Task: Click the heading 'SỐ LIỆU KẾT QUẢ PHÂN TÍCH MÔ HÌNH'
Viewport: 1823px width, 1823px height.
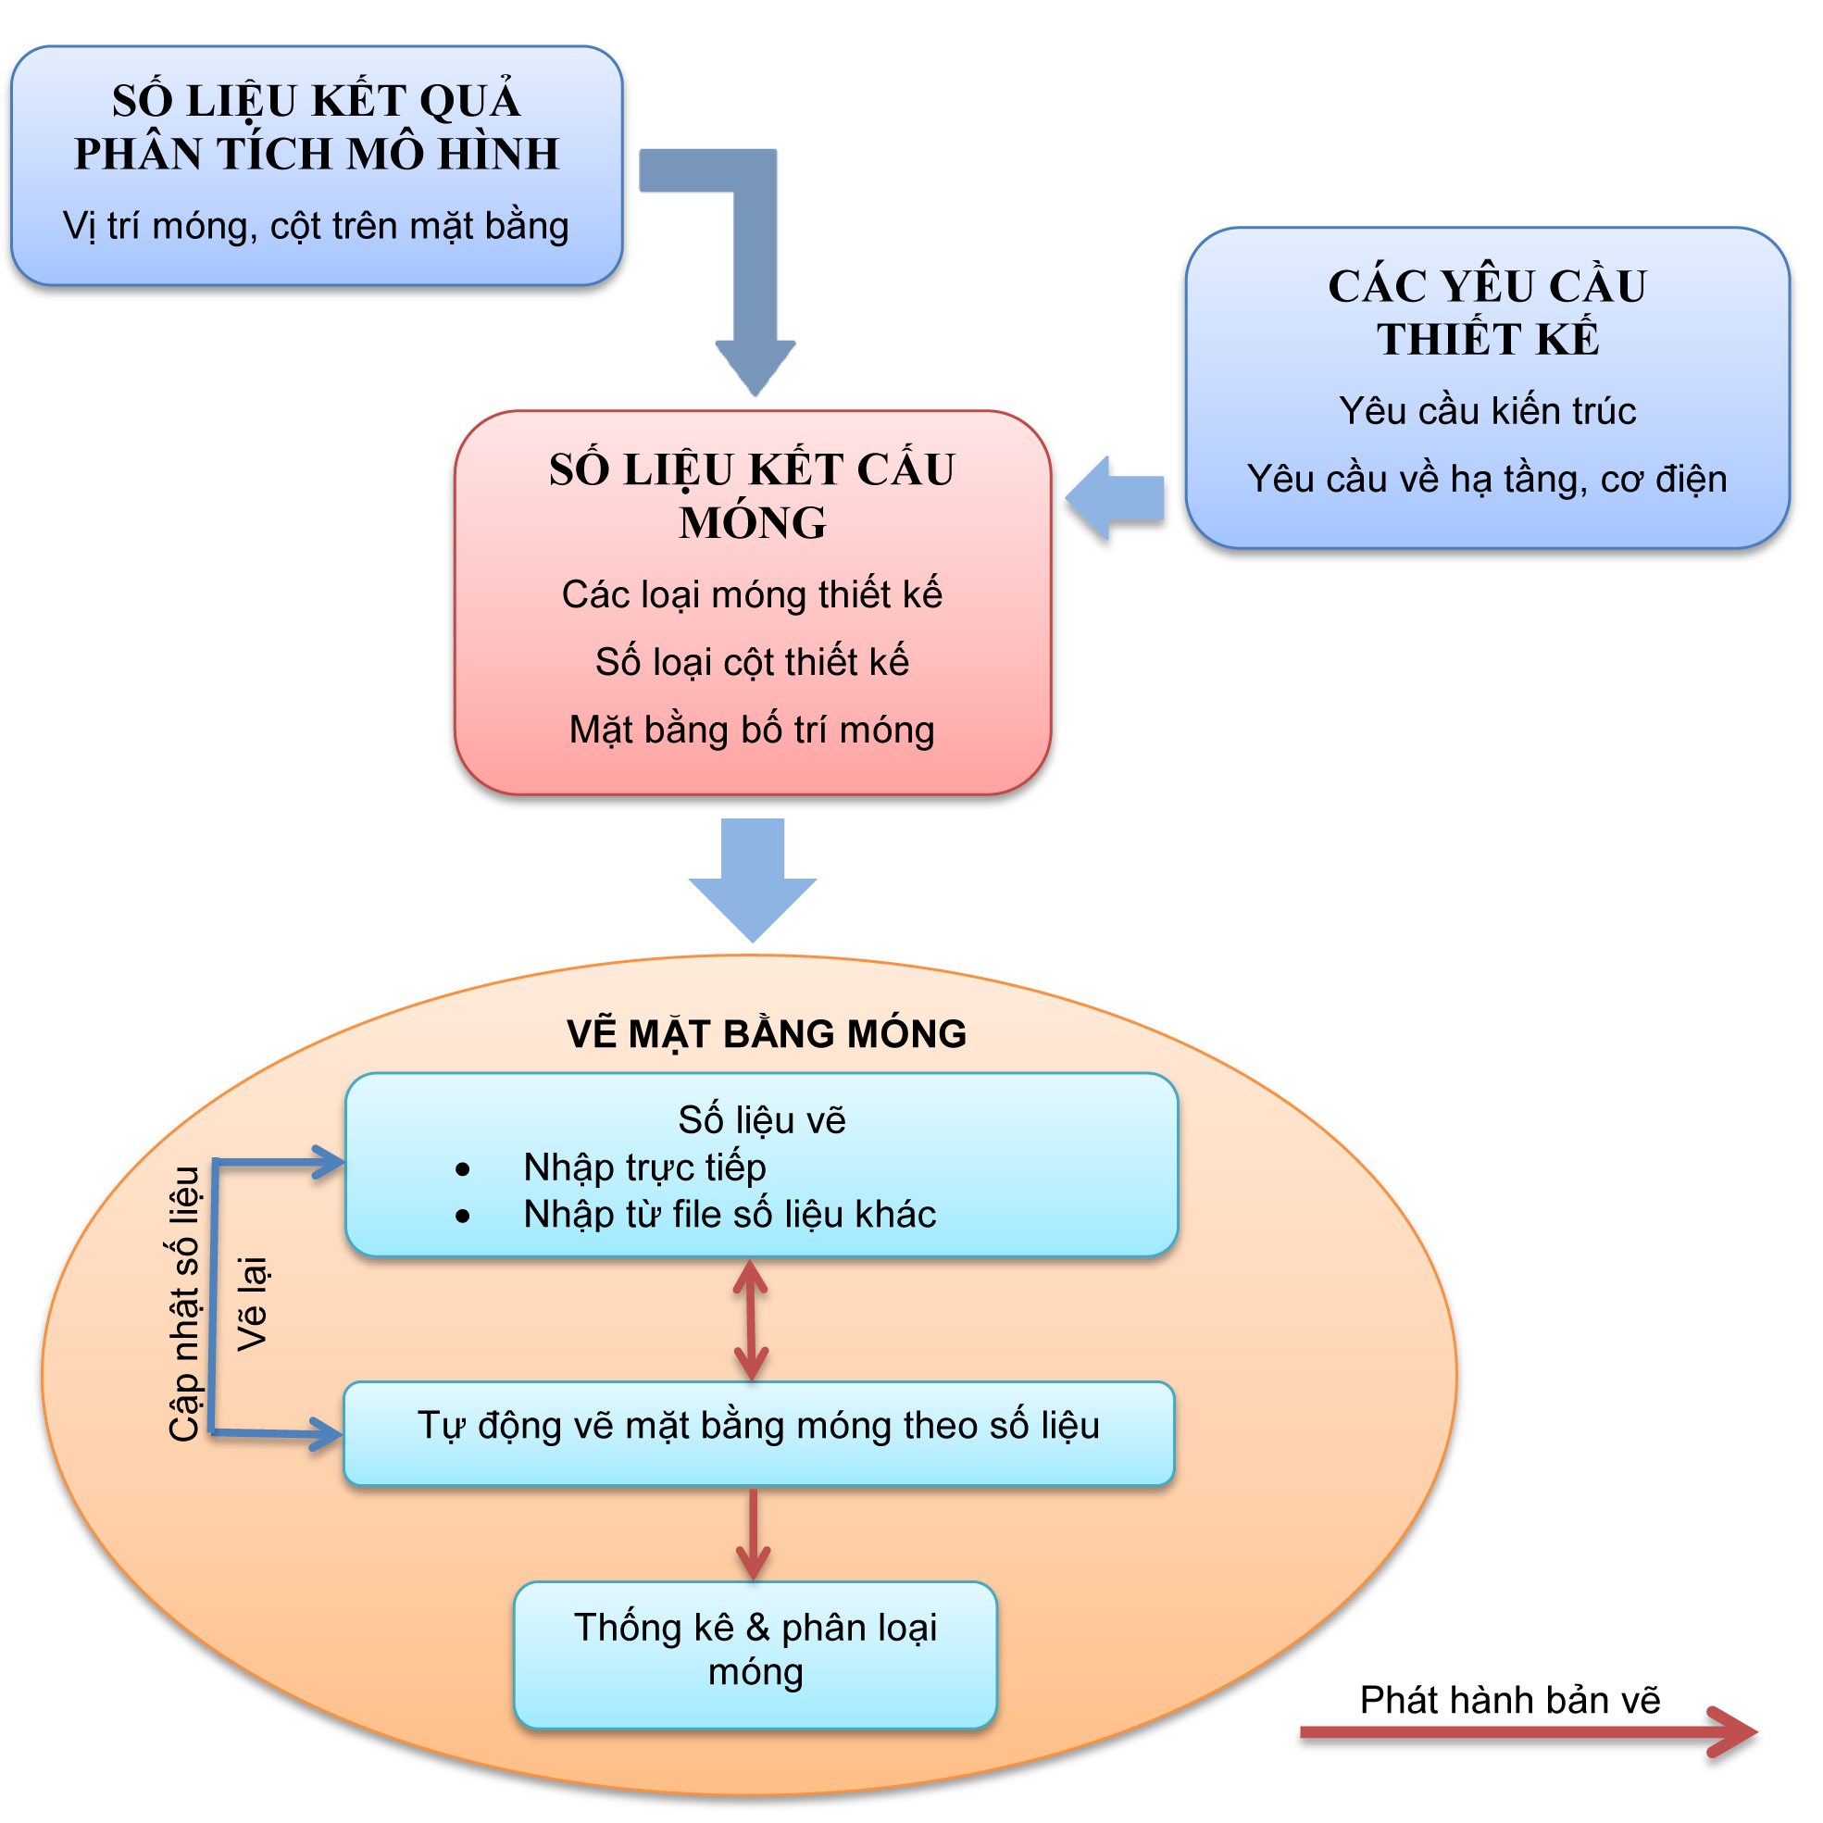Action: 317,128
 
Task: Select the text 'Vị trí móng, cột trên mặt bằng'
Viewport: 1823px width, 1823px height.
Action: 316,227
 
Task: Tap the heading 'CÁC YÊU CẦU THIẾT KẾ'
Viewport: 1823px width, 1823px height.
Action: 1488,312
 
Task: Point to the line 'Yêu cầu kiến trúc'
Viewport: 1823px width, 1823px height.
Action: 1488,410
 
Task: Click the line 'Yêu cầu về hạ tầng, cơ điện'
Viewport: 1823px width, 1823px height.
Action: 1487,480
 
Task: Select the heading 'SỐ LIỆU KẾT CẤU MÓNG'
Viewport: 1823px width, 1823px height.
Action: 752,495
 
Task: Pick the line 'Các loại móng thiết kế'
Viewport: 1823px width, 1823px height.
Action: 752,594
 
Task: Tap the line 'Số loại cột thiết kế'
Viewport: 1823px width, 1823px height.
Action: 752,661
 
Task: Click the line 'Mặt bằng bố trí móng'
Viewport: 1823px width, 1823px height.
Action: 752,730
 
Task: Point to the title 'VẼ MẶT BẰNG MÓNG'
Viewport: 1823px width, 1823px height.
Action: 768,1034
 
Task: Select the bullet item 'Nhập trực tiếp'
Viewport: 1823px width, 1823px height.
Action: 644,1168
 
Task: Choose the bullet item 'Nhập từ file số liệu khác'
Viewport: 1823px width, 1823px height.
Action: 730,1215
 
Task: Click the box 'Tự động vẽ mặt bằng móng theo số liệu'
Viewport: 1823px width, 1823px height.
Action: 758,1433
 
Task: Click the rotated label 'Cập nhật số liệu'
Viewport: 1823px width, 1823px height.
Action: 185,1304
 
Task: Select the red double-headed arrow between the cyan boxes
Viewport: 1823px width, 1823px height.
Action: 751,1320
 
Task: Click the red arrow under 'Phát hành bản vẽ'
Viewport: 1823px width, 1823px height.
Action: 1529,1732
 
